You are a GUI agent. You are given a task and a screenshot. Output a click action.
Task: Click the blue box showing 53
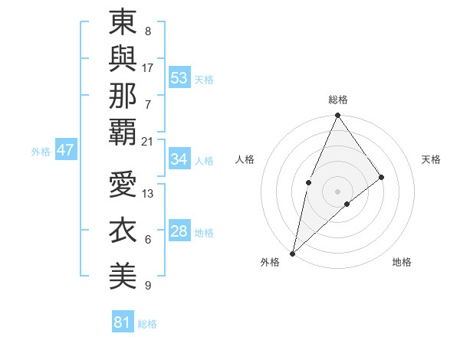[x=179, y=78]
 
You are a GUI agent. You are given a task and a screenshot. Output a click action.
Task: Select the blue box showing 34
[x=179, y=159]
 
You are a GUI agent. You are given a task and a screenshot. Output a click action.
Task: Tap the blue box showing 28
[x=179, y=232]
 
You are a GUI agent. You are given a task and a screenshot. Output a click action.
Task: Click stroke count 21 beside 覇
[x=148, y=141]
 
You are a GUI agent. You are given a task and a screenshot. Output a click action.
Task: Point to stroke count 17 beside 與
[x=148, y=67]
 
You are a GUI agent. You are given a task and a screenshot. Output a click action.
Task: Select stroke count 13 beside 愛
[x=148, y=195]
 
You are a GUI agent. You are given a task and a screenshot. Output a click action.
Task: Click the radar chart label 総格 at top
[x=338, y=100]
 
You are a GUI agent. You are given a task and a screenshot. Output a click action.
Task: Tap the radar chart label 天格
[x=431, y=159]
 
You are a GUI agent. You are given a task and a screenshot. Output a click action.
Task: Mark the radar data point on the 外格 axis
[x=292, y=253]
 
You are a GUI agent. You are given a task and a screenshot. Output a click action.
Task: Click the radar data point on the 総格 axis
[x=337, y=116]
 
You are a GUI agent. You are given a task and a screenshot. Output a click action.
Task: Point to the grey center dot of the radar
[x=337, y=191]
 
